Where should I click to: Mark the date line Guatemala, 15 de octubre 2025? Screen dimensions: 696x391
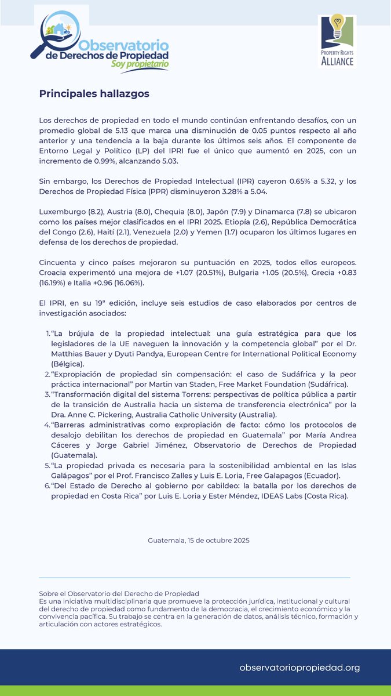pyautogui.click(x=199, y=540)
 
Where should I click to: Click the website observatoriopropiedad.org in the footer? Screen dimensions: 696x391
pyautogui.click(x=299, y=668)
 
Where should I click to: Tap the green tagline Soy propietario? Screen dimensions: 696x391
pyautogui.click(x=140, y=63)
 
